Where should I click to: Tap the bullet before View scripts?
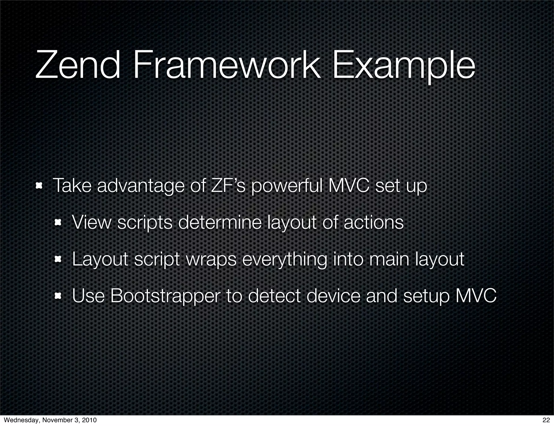click(x=58, y=223)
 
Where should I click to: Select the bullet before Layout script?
click(x=58, y=260)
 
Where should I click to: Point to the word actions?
click(x=374, y=223)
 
